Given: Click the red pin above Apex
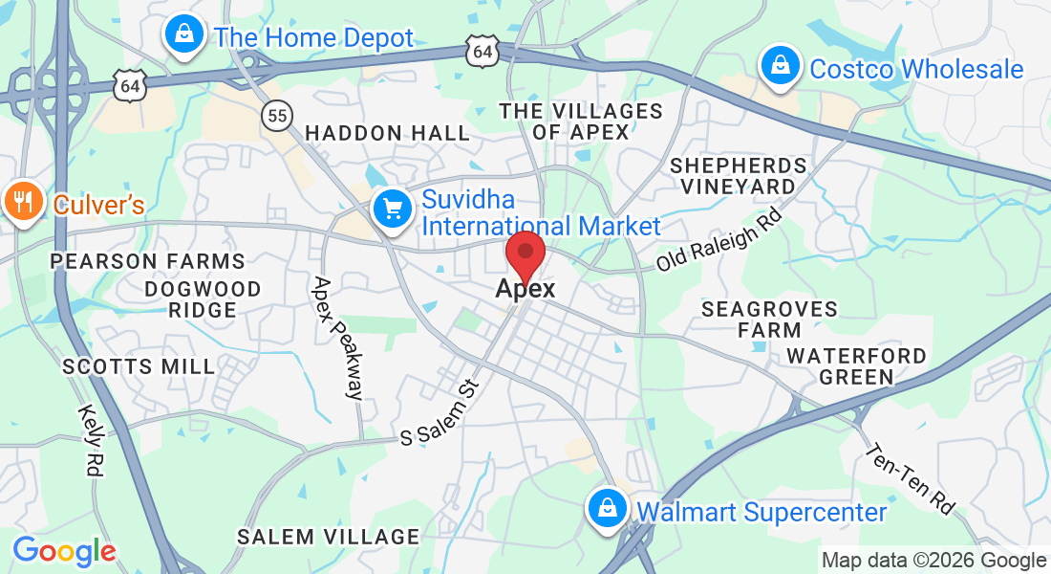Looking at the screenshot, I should tap(525, 254).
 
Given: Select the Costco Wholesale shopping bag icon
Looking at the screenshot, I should tap(780, 66).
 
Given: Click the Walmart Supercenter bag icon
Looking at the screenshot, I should tap(607, 507).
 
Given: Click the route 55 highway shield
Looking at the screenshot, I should tap(277, 116).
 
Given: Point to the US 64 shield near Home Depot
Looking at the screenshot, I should tap(129, 86).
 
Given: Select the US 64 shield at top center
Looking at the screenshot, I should tap(483, 52).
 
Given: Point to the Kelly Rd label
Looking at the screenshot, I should tap(93, 439).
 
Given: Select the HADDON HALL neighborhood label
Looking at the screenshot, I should tap(387, 133).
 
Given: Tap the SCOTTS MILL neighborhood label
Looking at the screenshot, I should tap(139, 366).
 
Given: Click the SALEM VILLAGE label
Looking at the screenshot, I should tap(328, 537).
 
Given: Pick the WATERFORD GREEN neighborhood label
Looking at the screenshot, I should tap(856, 366).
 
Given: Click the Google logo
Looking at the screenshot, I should tap(64, 551).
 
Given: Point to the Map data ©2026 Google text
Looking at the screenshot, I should tap(933, 561).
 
